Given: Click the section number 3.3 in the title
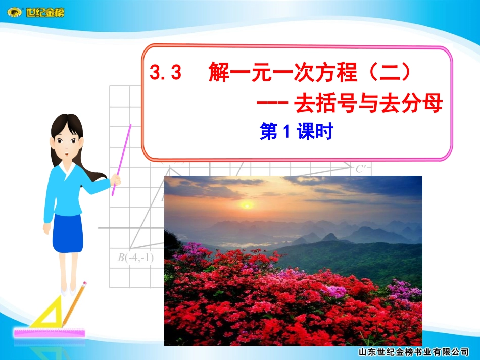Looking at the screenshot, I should [166, 75].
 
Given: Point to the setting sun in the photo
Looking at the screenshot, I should [247, 204].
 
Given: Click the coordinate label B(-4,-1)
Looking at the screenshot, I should [135, 258].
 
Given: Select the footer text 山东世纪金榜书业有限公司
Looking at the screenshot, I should [413, 352].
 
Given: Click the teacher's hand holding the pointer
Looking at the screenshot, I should [116, 179].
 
